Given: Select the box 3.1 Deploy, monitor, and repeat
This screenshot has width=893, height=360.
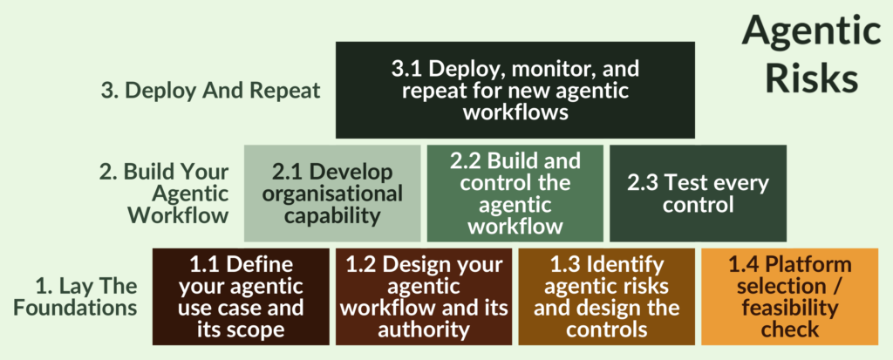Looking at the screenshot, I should (515, 90).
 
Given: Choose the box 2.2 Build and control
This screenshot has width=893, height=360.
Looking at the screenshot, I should (515, 193).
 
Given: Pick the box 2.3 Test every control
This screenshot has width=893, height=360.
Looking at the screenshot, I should (697, 193).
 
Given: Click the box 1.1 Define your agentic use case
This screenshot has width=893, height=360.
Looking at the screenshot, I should (242, 296).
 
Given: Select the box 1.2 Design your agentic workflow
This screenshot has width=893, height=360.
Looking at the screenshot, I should (424, 296).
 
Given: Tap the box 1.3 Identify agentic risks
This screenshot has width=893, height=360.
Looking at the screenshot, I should (607, 296).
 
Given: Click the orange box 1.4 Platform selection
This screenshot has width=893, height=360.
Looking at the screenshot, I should (789, 296).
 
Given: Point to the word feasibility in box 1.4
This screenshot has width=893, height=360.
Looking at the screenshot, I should (789, 308).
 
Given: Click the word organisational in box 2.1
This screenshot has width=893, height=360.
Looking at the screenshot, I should (333, 194).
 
